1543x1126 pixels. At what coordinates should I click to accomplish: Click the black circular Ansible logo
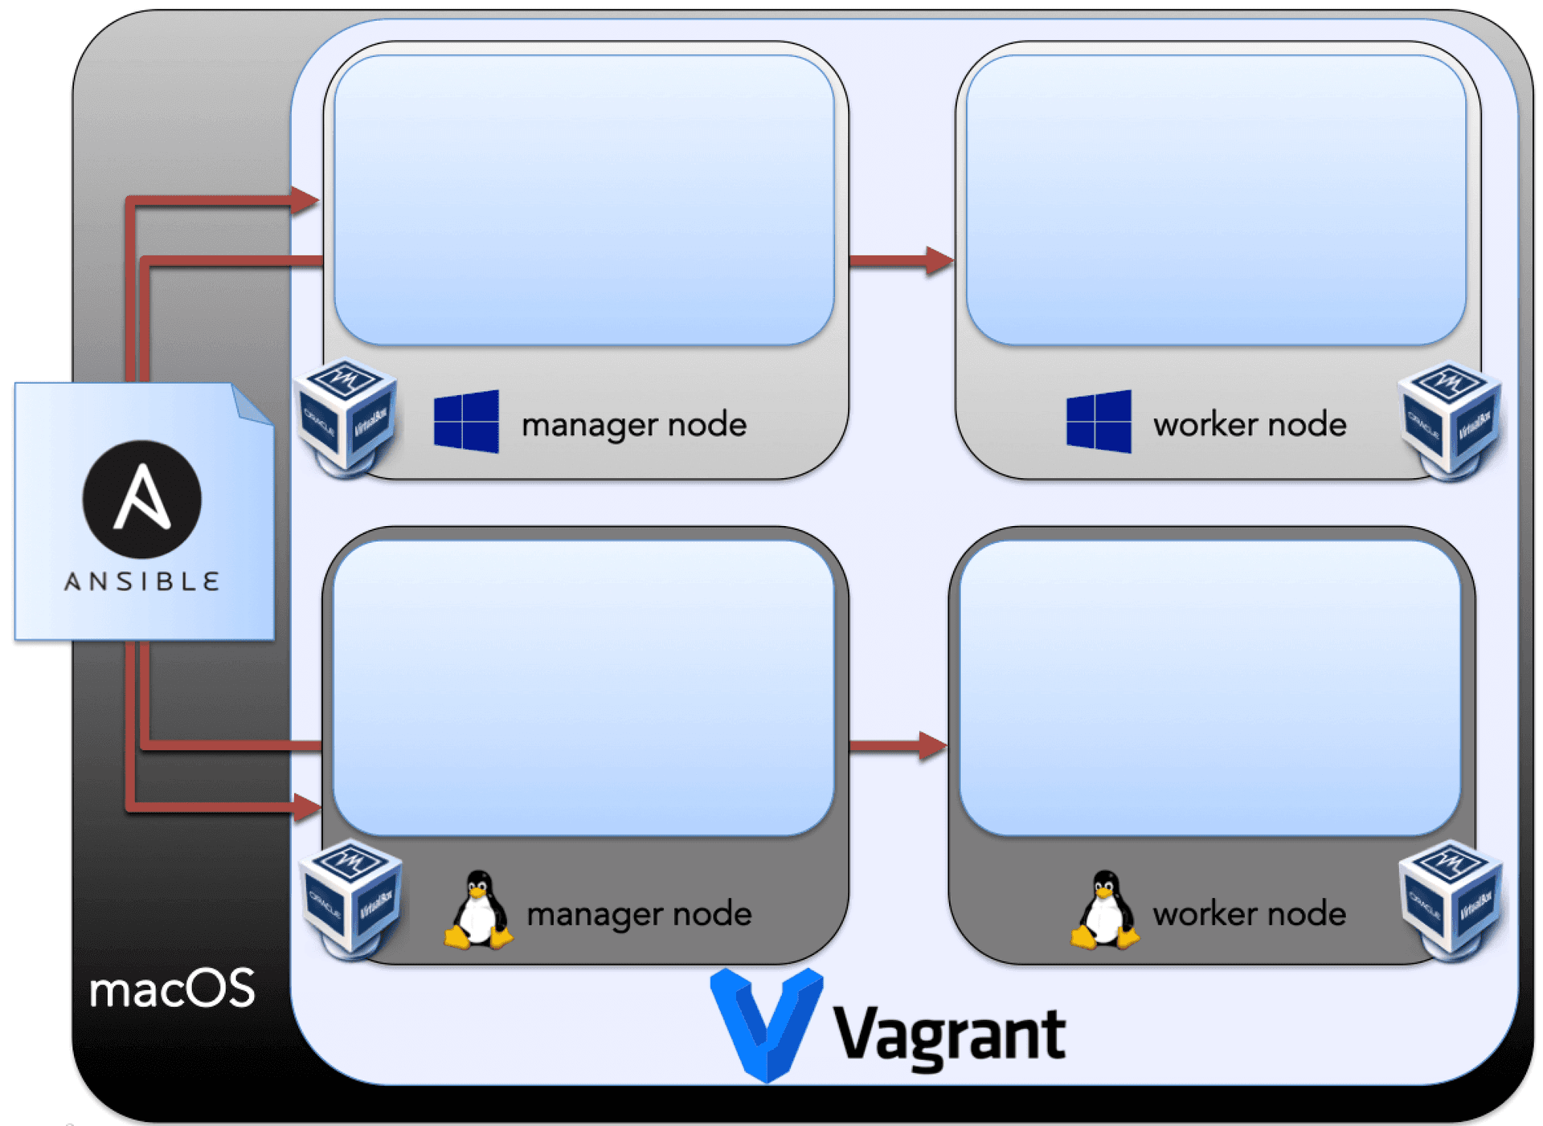tap(142, 499)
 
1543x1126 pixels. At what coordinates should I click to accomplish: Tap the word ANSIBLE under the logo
tap(141, 581)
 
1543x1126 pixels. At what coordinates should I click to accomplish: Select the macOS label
tap(172, 989)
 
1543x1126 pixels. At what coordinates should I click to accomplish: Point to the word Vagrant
tap(949, 1035)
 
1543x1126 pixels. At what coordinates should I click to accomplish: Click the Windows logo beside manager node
tap(466, 422)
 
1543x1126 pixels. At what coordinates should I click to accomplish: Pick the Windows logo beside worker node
tap(1099, 422)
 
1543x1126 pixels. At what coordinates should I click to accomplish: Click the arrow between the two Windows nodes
tap(900, 260)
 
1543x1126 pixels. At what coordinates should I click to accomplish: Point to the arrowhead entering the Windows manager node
tap(305, 200)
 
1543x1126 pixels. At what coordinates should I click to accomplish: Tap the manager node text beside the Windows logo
tap(634, 424)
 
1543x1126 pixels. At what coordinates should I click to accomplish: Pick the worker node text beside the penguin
tap(1249, 914)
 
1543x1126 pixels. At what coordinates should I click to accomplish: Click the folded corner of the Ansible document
tap(252, 403)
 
